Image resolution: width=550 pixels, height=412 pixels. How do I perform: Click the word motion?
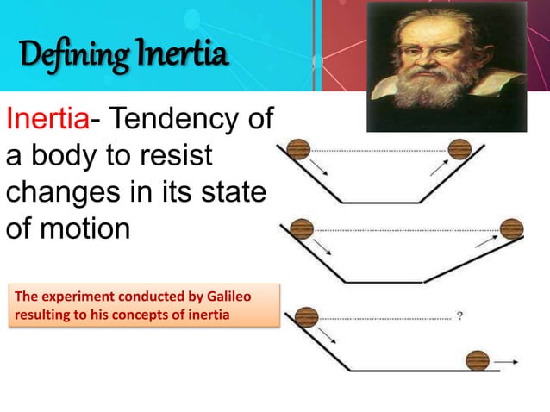pos(81,230)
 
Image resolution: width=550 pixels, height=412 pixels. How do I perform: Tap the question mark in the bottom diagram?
pos(460,315)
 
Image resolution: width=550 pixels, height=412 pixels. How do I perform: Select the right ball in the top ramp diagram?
pos(459,150)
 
